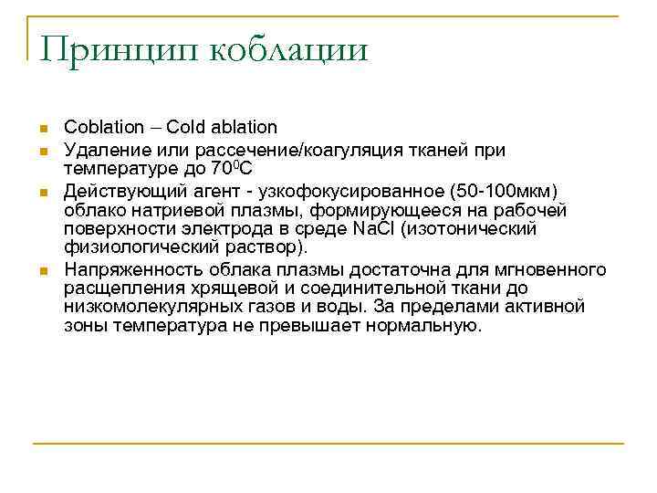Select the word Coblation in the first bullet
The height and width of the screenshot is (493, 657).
pyautogui.click(x=104, y=127)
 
